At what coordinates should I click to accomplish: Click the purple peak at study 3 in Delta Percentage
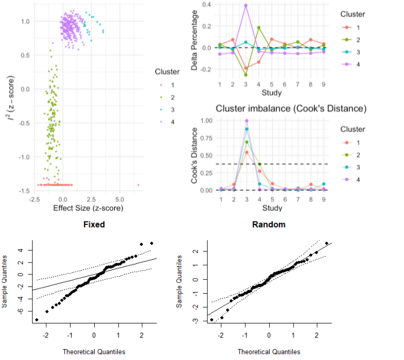tap(246, 5)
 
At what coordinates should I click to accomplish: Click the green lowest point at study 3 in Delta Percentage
tap(246, 75)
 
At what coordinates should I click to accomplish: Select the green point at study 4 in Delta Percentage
tap(259, 27)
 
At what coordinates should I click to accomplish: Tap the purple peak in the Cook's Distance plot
tap(246, 120)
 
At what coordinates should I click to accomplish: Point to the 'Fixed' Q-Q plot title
tap(94, 224)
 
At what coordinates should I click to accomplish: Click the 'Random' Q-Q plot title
tap(269, 224)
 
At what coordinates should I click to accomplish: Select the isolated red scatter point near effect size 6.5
tap(139, 184)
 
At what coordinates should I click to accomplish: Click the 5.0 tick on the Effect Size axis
tap(120, 199)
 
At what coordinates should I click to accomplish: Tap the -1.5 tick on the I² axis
tap(22, 191)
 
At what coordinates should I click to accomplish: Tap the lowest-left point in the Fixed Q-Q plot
tap(37, 319)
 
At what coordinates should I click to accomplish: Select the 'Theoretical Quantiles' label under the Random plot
tap(269, 351)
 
